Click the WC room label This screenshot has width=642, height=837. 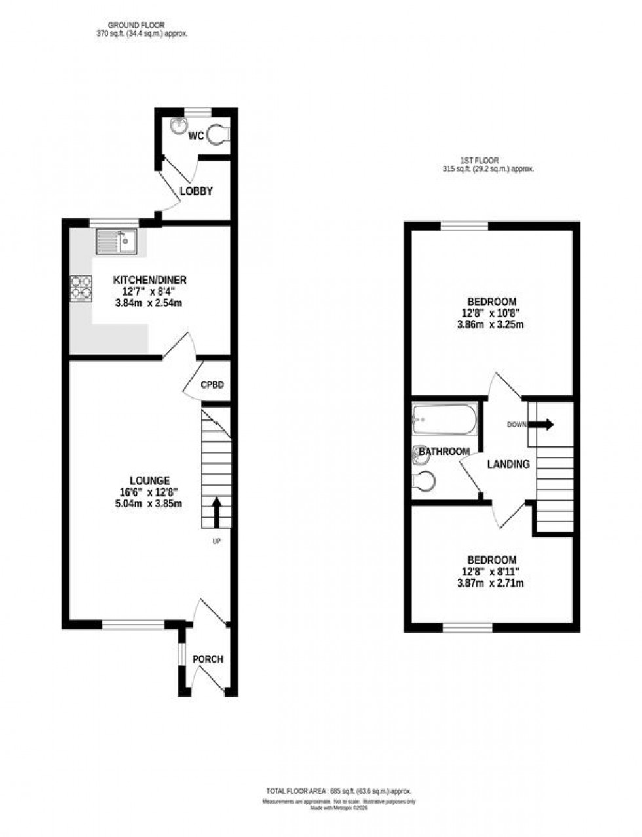197,136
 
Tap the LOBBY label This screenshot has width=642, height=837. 197,191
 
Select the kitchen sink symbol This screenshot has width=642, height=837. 116,242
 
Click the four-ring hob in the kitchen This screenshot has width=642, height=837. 81,286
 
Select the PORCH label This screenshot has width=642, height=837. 208,659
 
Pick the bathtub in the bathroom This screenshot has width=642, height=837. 445,419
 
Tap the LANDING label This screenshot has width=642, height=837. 508,464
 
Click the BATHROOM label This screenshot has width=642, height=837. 444,452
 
